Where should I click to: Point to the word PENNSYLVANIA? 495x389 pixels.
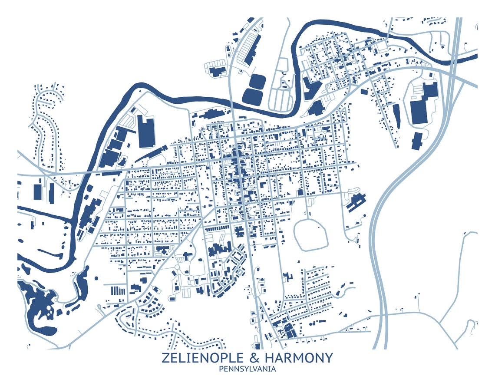[247, 369]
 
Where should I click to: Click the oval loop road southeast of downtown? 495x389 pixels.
[311, 234]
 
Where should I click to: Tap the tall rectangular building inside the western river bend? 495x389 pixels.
[146, 131]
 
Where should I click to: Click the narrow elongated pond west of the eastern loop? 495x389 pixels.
[396, 116]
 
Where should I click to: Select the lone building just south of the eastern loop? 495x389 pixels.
[416, 141]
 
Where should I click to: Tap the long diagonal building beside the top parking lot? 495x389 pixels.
[253, 49]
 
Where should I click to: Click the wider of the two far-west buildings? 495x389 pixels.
[38, 191]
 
